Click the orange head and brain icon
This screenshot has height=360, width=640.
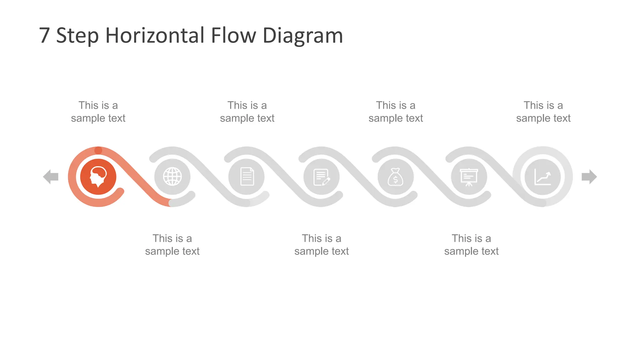click(98, 177)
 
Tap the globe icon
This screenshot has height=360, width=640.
click(172, 177)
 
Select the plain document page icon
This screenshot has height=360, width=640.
click(247, 177)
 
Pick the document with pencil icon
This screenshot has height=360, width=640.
click(321, 177)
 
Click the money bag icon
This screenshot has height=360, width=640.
click(395, 177)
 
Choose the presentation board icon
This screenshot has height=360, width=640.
click(469, 177)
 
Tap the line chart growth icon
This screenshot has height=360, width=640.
click(542, 177)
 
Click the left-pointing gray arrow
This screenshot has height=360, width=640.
click(51, 177)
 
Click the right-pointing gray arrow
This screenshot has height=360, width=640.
click(589, 177)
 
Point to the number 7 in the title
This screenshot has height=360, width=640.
click(44, 35)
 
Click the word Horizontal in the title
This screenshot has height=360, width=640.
click(155, 35)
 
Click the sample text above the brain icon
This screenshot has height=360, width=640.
click(98, 112)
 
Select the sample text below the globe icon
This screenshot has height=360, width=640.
click(172, 245)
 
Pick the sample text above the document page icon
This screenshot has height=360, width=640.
click(247, 112)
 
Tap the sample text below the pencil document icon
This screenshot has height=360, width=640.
click(322, 245)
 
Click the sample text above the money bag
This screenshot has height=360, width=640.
click(396, 112)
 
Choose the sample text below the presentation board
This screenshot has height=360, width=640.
click(471, 245)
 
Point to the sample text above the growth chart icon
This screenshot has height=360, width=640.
click(543, 112)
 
